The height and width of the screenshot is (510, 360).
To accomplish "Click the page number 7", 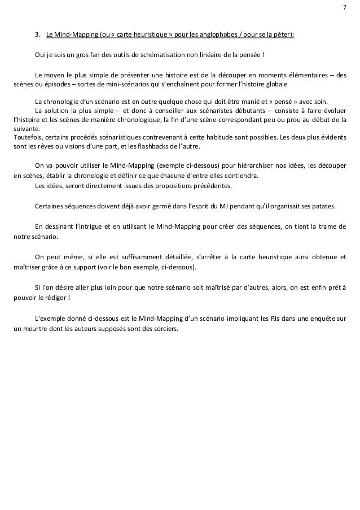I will [x=345, y=7].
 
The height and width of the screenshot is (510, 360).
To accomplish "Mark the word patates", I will [x=321, y=206].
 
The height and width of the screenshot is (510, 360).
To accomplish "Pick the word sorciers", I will [x=163, y=328].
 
